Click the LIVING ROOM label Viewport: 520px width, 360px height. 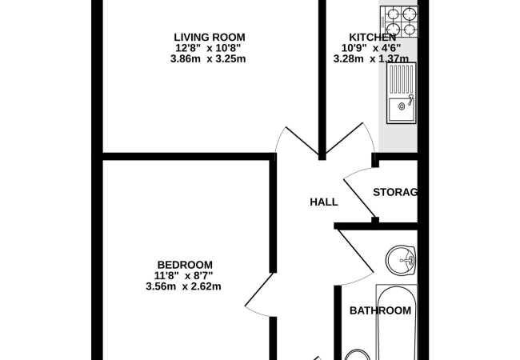210,37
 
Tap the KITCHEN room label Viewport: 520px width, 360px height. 373,37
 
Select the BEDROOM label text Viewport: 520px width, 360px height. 185,265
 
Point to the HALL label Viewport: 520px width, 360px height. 324,202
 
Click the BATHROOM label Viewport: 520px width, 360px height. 380,310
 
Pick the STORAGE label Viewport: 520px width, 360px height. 395,192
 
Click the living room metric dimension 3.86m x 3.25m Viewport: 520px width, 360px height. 208,59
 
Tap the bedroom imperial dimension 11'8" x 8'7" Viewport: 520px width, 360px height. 183,275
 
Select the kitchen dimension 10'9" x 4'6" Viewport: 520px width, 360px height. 371,48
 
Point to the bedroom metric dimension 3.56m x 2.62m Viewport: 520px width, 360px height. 183,286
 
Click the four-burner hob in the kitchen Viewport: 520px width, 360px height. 399,22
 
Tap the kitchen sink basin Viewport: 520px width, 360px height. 401,110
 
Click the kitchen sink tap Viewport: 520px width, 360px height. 411,100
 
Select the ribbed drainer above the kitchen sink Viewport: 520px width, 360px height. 402,79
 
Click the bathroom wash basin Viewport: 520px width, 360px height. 401,261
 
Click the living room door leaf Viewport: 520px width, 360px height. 302,142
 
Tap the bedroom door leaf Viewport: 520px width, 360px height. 258,289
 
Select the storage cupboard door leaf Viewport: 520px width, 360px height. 360,198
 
